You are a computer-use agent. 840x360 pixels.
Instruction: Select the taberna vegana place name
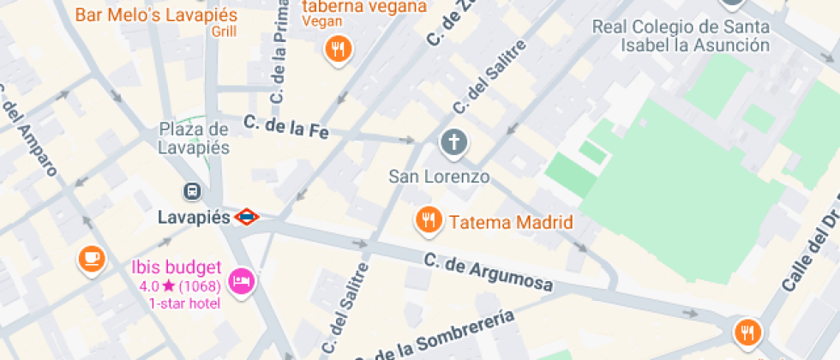(364, 7)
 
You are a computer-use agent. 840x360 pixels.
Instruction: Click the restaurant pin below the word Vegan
(339, 50)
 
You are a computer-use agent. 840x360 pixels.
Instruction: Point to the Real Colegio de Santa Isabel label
(681, 35)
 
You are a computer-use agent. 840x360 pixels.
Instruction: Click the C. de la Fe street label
(286, 128)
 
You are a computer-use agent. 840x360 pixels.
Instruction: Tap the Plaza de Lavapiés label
(194, 138)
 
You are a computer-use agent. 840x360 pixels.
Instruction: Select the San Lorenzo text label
(439, 177)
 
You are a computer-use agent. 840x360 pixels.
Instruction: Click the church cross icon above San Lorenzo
(454, 142)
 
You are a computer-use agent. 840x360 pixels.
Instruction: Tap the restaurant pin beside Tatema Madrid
(428, 221)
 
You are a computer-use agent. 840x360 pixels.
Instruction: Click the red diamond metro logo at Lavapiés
(246, 217)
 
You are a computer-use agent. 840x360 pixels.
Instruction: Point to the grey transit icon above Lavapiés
(194, 192)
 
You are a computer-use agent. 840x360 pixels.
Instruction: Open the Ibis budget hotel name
(177, 267)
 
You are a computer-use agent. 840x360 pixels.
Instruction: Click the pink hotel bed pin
(242, 281)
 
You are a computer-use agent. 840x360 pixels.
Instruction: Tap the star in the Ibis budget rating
(168, 285)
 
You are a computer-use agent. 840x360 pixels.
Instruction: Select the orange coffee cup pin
(91, 257)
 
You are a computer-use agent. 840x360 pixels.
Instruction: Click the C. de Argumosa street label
(487, 273)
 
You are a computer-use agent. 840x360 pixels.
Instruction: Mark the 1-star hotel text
(184, 303)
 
